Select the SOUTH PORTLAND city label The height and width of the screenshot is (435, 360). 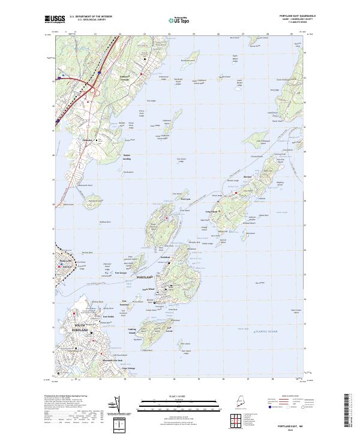(x=79, y=329)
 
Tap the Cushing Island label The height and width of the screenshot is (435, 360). (x=133, y=331)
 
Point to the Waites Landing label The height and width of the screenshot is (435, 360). (x=127, y=157)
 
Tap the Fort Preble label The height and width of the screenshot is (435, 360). (x=108, y=317)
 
